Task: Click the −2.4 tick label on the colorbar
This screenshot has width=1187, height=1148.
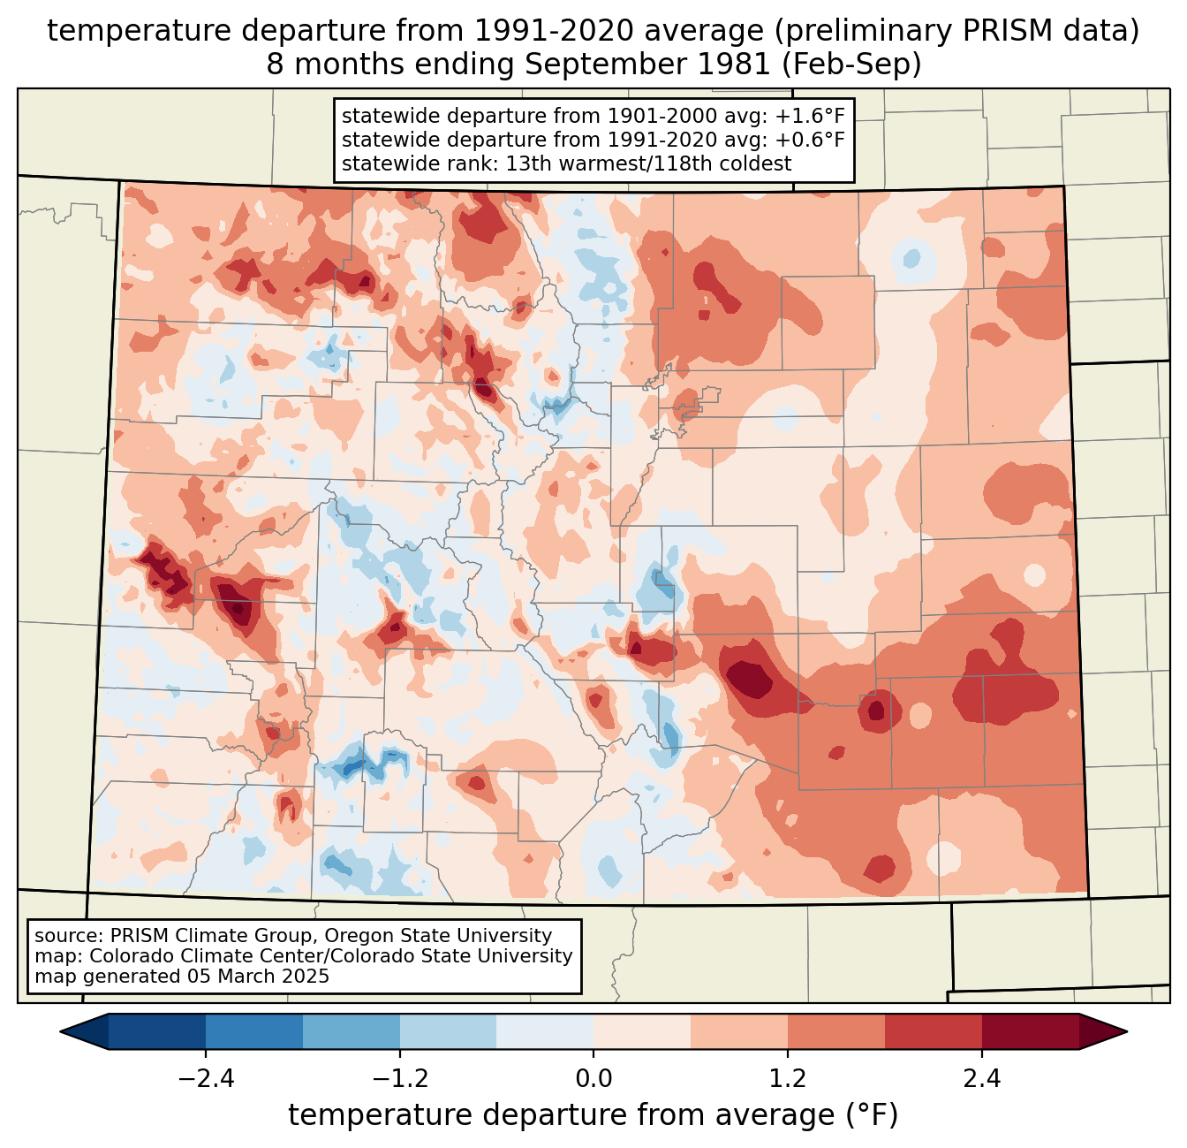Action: coord(206,1079)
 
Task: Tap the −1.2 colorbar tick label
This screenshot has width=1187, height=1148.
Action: coord(400,1079)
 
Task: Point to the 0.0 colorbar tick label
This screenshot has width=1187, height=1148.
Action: coord(593,1079)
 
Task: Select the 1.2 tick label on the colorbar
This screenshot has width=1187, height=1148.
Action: coord(788,1079)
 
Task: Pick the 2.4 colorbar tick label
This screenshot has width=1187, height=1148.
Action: coord(981,1079)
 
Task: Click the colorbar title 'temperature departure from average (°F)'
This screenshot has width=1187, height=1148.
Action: coord(593,1115)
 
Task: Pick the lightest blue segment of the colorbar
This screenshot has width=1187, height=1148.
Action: coord(545,1031)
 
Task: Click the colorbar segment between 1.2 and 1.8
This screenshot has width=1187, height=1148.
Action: coord(836,1031)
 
